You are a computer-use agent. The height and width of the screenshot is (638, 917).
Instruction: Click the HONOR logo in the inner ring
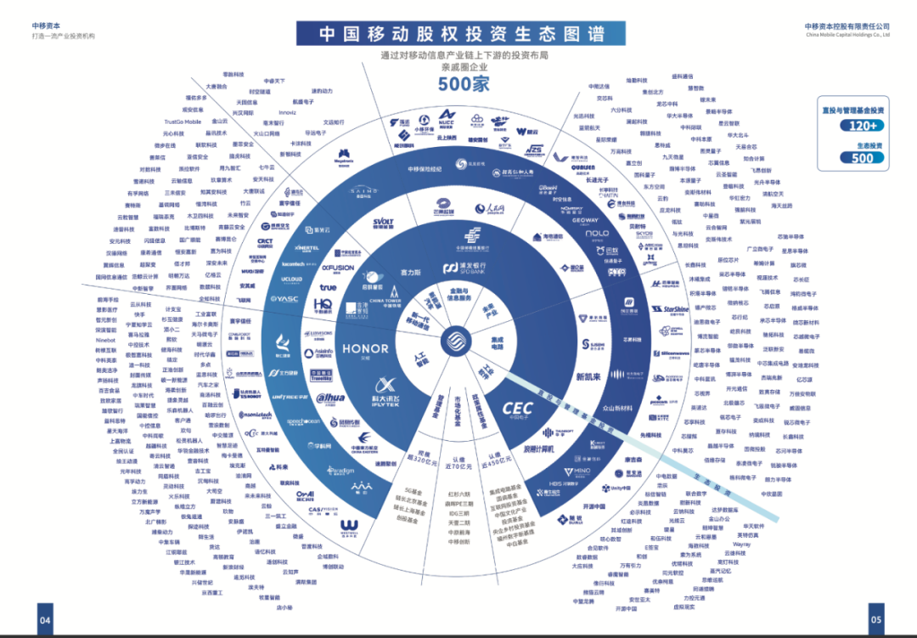[365, 348]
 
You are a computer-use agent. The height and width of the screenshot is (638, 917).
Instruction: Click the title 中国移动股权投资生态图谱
[462, 33]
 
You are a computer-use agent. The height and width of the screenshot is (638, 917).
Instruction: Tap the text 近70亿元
[458, 466]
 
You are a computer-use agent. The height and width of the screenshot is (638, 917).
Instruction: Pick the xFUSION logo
[337, 268]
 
